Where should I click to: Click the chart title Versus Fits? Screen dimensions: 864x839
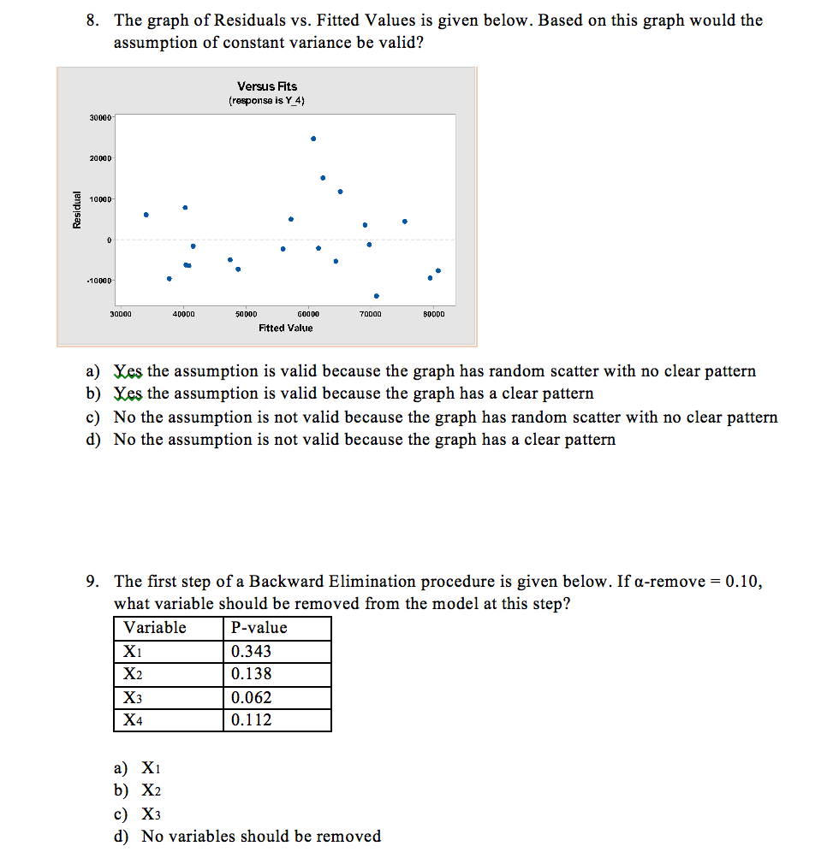pos(267,86)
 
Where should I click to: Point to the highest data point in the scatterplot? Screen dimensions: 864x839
pos(313,138)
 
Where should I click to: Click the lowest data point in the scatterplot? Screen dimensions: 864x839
pos(377,296)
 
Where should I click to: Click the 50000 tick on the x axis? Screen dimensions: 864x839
pos(245,315)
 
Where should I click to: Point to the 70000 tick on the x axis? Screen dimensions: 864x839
pos(371,315)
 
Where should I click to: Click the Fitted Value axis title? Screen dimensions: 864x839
pos(286,328)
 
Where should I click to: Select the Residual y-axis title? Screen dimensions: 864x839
pos(77,209)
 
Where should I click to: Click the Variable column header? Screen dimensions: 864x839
pos(155,627)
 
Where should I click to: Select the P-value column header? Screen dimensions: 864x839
pos(259,627)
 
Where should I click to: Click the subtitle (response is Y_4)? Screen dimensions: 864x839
pos(267,100)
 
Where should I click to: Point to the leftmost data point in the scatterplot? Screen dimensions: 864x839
pos(146,215)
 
